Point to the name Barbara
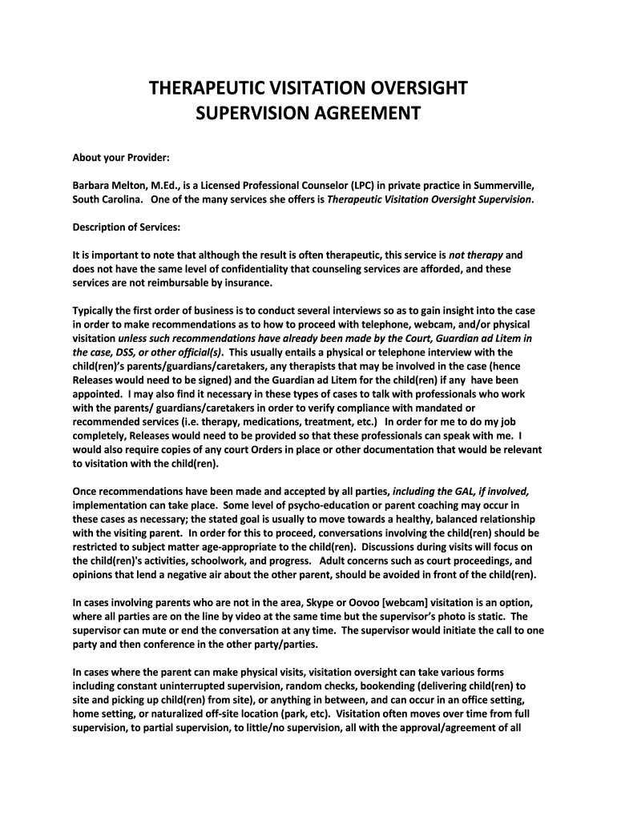tap(93, 185)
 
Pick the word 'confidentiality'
tap(260, 269)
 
